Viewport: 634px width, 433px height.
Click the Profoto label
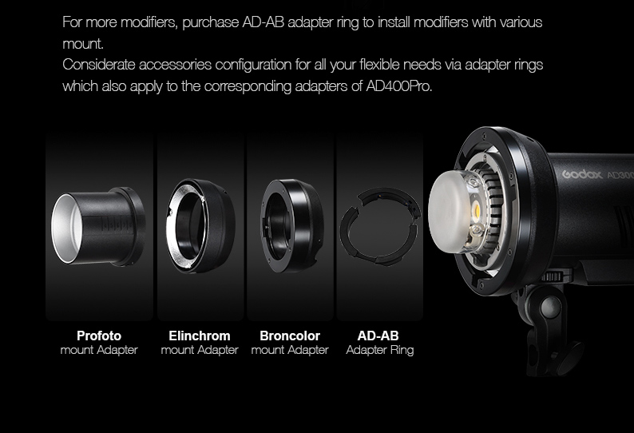point(99,336)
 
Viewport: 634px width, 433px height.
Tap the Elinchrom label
point(200,336)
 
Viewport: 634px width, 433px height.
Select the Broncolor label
point(290,336)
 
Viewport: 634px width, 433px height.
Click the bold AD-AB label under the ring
point(378,336)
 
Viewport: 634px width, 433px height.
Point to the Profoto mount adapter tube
point(98,226)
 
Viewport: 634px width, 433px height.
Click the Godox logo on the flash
point(582,174)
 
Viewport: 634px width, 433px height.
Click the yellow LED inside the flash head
point(477,211)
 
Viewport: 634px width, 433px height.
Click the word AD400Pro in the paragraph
point(399,86)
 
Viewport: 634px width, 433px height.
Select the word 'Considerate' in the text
point(99,65)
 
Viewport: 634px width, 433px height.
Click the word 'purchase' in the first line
point(210,22)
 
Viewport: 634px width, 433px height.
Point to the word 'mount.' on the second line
point(83,44)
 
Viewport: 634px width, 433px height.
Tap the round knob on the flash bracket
point(551,305)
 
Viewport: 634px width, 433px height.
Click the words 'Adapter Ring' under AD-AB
point(380,350)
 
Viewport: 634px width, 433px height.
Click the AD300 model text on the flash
point(620,176)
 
